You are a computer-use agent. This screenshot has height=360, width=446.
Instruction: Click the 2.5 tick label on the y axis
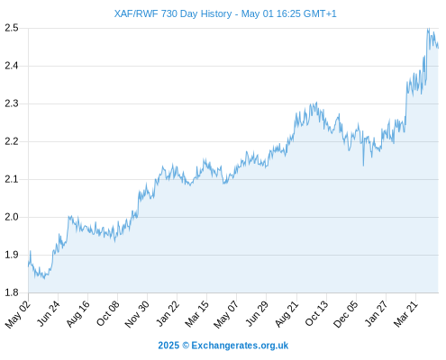(x=12, y=28)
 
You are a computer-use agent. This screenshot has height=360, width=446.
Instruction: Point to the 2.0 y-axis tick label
(x=12, y=217)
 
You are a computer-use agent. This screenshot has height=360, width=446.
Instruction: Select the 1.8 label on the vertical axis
(x=12, y=292)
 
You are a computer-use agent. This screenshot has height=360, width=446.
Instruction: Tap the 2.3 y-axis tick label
(x=12, y=103)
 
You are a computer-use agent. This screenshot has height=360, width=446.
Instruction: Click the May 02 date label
(x=18, y=314)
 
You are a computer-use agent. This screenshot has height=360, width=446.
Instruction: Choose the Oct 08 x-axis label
(x=108, y=313)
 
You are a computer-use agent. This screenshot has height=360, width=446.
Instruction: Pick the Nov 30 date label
(x=137, y=314)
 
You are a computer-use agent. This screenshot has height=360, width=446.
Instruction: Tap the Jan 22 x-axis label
(x=168, y=313)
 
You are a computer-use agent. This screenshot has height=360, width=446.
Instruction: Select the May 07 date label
(x=226, y=314)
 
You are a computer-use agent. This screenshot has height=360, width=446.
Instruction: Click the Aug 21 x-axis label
(x=287, y=314)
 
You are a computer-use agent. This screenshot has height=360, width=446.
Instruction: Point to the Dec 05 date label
(x=346, y=314)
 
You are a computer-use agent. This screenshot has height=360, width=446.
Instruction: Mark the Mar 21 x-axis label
(x=406, y=314)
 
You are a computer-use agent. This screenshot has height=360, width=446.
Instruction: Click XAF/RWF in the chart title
(x=136, y=13)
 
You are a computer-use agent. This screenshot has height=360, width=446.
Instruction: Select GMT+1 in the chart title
(x=320, y=13)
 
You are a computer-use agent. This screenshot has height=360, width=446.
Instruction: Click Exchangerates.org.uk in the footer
(x=240, y=346)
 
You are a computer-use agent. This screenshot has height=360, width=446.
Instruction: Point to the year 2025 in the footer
(x=168, y=346)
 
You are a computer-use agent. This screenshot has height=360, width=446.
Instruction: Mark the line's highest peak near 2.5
(x=429, y=29)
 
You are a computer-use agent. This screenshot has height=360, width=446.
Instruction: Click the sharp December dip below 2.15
(x=363, y=166)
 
